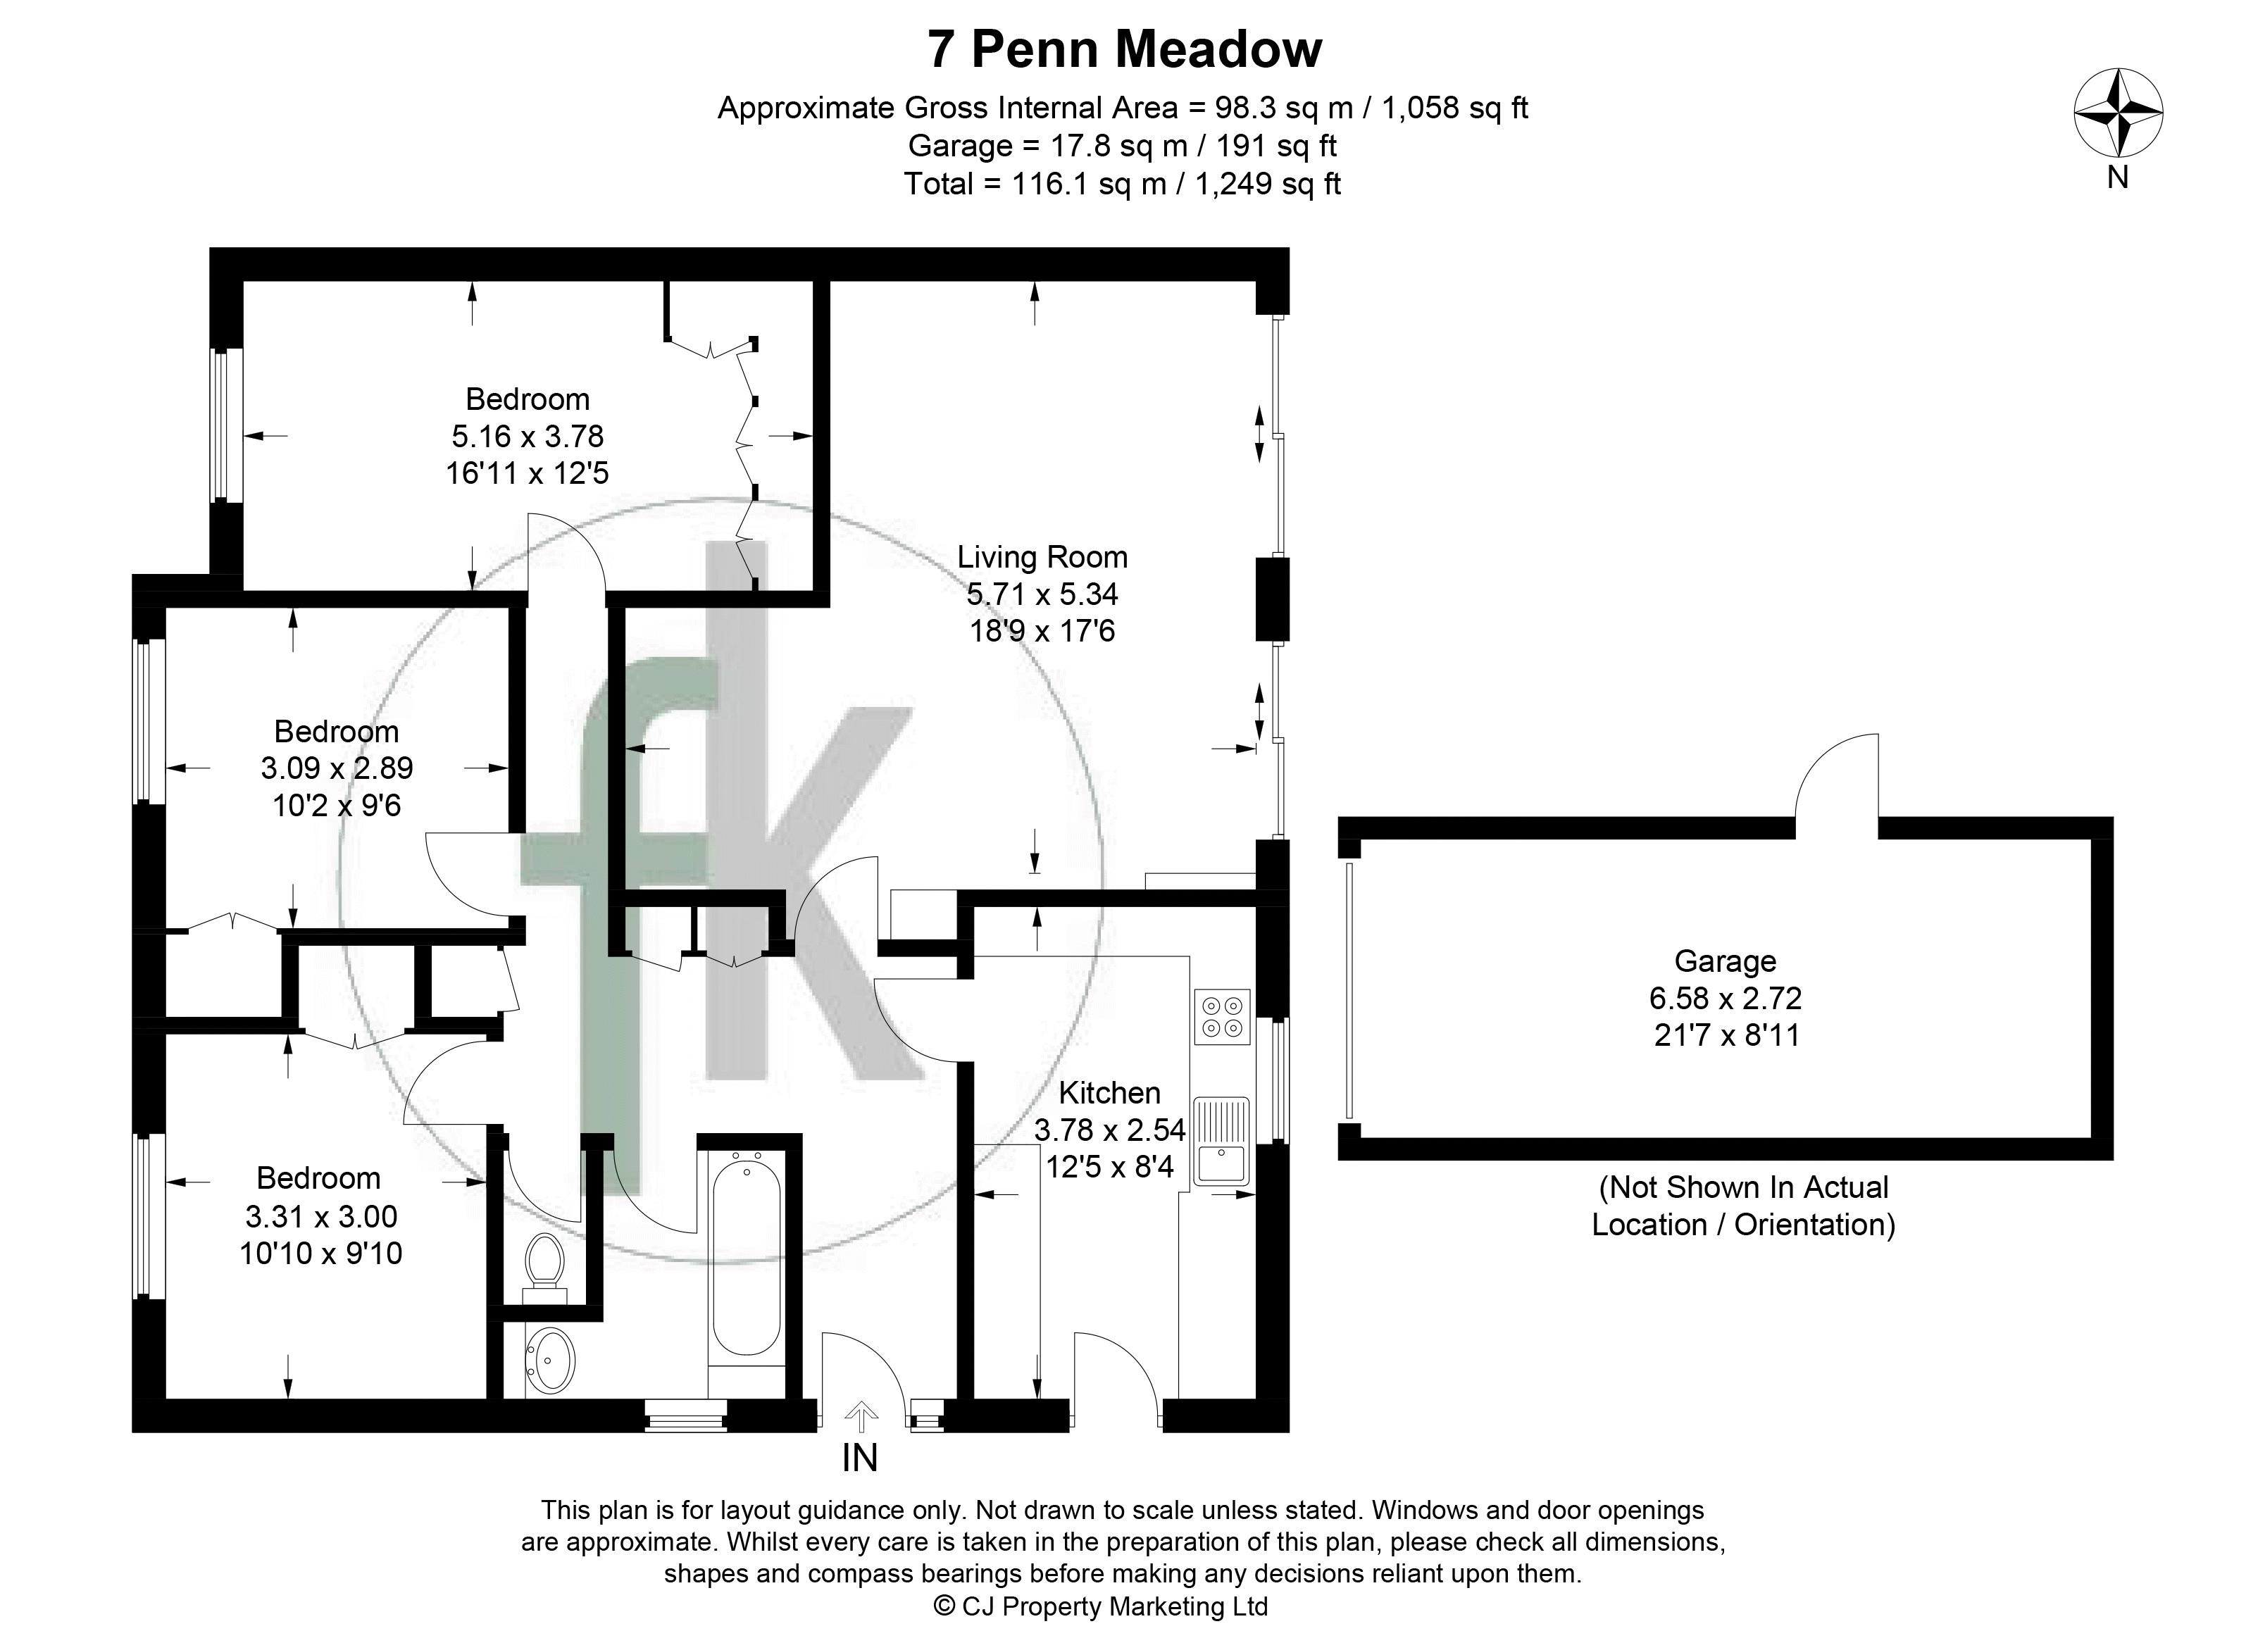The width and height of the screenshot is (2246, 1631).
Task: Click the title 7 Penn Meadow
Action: (1124, 49)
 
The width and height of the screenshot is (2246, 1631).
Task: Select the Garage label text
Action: (1725, 961)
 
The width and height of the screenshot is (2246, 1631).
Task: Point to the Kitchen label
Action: (1109, 1092)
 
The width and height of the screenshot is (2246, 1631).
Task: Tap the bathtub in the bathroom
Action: (747, 1258)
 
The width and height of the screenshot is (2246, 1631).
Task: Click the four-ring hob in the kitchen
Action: (1222, 1017)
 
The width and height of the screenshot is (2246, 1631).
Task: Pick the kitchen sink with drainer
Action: (1222, 1141)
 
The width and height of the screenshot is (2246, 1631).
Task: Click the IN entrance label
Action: (859, 1458)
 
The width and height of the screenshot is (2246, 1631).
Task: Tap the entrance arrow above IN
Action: (861, 1417)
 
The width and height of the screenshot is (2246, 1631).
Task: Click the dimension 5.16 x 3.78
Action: (527, 436)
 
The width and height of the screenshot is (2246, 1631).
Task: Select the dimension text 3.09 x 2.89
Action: (337, 768)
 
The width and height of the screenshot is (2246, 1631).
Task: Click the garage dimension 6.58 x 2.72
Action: (1725, 997)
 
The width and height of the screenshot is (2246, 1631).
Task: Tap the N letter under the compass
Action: (2117, 177)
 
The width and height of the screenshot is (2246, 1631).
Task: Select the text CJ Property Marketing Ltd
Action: (1114, 1606)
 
